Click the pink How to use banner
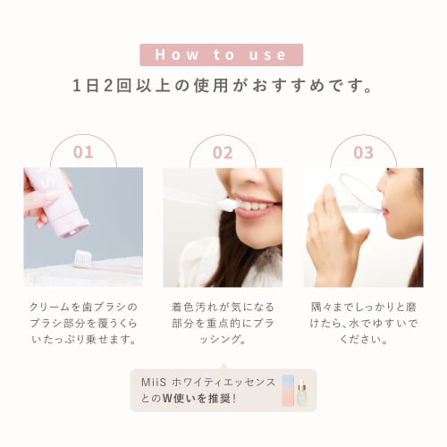click(x=223, y=55)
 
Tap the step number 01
click(x=83, y=152)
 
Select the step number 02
click(x=223, y=152)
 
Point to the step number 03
click(x=363, y=152)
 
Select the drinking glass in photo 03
click(x=344, y=215)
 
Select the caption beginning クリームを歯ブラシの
click(x=83, y=323)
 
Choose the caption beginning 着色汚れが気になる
click(x=223, y=323)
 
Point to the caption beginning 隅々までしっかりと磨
click(x=363, y=323)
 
